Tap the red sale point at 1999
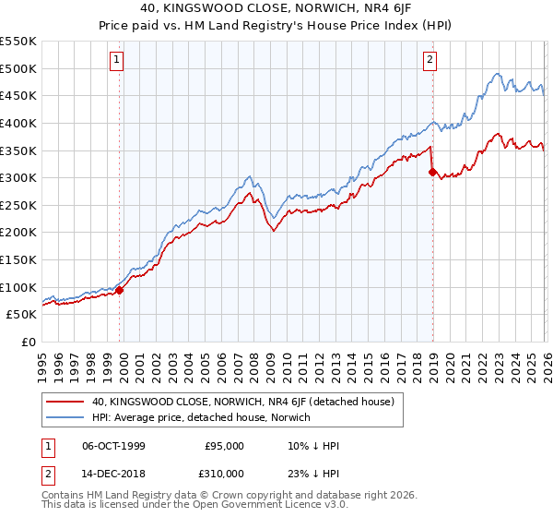[x=120, y=290]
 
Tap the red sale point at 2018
[x=432, y=172]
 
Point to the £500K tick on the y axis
[x=18, y=68]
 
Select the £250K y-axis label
[x=18, y=205]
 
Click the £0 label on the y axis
[x=29, y=342]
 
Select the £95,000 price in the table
[x=225, y=446]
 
